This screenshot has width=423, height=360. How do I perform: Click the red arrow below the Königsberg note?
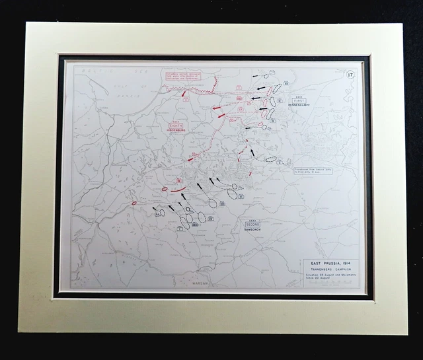(182, 94)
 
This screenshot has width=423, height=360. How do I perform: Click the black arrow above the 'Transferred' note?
(252, 153)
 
